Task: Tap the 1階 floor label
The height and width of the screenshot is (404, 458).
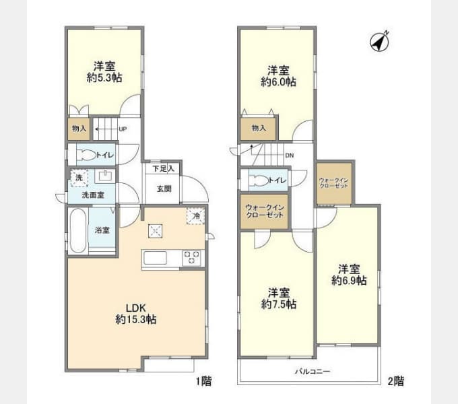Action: (204, 382)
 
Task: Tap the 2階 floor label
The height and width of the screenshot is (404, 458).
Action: (396, 382)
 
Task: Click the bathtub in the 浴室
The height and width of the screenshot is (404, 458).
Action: (77, 230)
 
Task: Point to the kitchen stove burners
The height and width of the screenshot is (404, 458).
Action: (191, 257)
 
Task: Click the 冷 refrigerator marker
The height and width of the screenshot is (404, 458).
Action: (195, 216)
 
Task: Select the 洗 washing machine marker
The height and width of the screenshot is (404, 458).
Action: (78, 177)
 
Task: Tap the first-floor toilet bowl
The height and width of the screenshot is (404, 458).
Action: (84, 155)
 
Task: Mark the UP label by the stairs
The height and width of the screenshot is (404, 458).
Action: (123, 129)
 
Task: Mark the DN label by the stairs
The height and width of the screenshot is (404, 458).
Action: (290, 156)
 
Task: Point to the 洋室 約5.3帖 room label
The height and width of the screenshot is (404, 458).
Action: (104, 73)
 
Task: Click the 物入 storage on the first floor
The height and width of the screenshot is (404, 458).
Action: (77, 129)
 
